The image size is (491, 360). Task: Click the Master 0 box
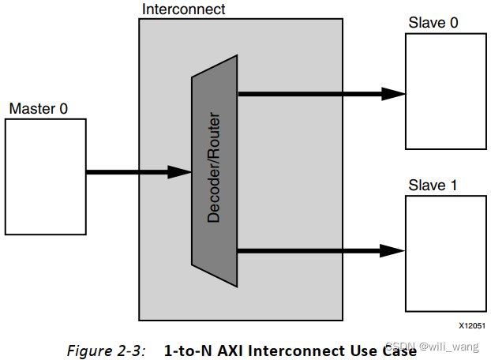[x=46, y=176]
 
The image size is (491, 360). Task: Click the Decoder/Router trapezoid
[x=215, y=170]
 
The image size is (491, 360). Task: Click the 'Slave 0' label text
[x=433, y=23]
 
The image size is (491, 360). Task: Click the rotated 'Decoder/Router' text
[x=214, y=170]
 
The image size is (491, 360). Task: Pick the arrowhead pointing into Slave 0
[x=394, y=93]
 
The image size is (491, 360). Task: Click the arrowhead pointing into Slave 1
[x=394, y=251]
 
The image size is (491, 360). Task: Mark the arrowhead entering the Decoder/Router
[x=181, y=171]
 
